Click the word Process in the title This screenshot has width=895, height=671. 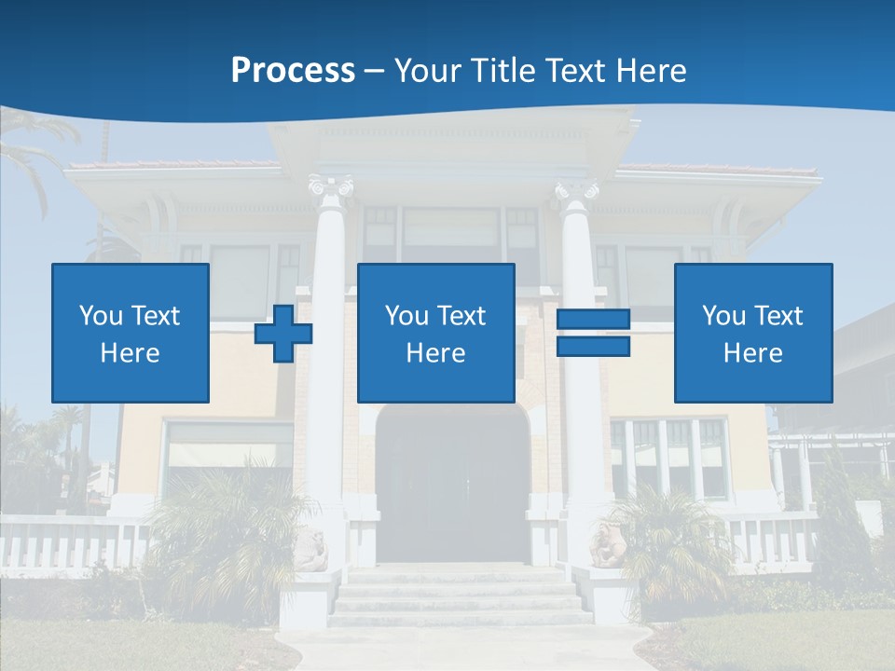293,71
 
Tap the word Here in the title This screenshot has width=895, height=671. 649,71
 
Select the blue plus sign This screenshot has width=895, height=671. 283,333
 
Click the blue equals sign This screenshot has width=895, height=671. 593,333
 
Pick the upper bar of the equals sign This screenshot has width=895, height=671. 593,320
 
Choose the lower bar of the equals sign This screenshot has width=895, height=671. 593,346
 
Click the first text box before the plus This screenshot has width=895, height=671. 131,333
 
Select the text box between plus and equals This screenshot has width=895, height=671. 435,333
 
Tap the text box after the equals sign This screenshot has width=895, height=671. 752,333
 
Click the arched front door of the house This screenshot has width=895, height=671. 452,485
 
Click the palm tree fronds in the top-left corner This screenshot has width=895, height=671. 33,149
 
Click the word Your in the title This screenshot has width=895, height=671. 429,71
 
